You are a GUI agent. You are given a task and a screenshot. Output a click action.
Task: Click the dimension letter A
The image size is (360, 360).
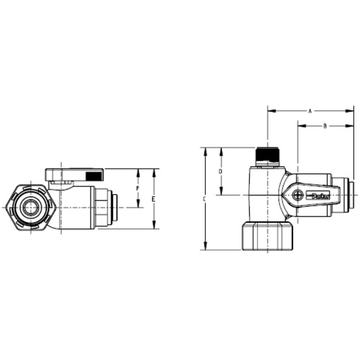pyautogui.click(x=310, y=111)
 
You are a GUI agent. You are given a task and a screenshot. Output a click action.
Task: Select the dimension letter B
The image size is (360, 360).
pyautogui.click(x=325, y=126)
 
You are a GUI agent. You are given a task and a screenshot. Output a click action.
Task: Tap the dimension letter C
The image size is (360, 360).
pyautogui.click(x=204, y=199)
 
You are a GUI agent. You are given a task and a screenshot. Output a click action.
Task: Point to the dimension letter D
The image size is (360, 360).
pyautogui.click(x=221, y=171)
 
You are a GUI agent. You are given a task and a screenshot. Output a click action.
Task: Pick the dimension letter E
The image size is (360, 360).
pyautogui.click(x=154, y=199)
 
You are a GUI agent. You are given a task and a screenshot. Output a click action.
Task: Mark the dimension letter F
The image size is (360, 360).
pyautogui.click(x=137, y=188)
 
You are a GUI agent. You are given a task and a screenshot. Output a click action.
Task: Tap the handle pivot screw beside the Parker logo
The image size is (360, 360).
pyautogui.click(x=297, y=195)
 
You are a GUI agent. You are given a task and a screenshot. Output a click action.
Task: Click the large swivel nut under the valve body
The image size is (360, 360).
pyautogui.click(x=268, y=236)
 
